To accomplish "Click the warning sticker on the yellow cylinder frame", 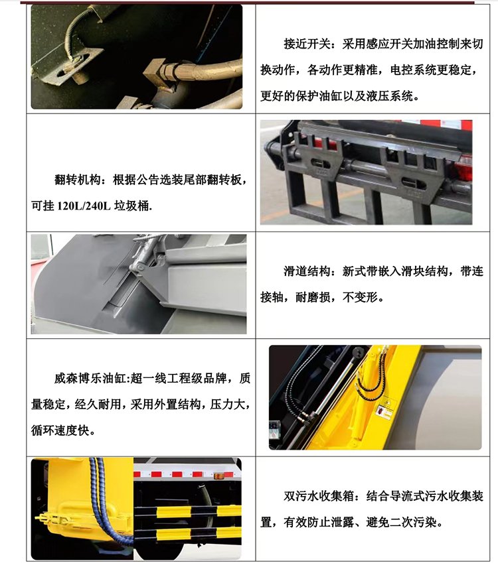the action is click(x=384, y=409).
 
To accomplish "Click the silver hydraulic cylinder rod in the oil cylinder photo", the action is click(x=334, y=385).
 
